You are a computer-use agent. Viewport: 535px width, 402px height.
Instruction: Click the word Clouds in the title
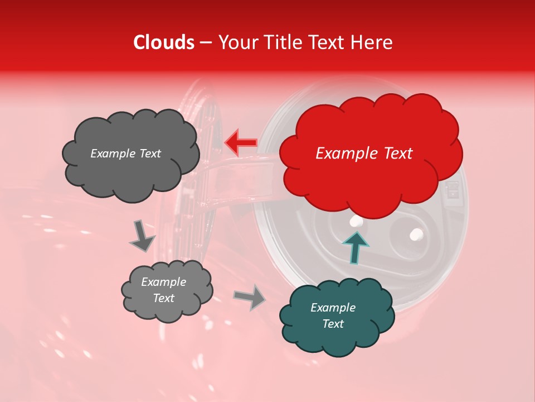164,42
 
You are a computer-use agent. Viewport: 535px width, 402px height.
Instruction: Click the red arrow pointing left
240,142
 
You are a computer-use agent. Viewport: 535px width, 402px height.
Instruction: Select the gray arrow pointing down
142,237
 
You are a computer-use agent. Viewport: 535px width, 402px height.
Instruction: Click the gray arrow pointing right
249,298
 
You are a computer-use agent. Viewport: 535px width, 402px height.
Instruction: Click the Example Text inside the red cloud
364,154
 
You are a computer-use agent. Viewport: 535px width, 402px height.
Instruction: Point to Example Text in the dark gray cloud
125,154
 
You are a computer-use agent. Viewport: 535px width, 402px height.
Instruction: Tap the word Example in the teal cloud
333,308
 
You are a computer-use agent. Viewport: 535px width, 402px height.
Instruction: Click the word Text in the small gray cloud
163,298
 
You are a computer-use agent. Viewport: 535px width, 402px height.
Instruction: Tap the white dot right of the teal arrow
416,233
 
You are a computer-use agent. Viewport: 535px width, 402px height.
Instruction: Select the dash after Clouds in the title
206,43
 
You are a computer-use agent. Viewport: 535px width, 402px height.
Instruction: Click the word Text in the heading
331,42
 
